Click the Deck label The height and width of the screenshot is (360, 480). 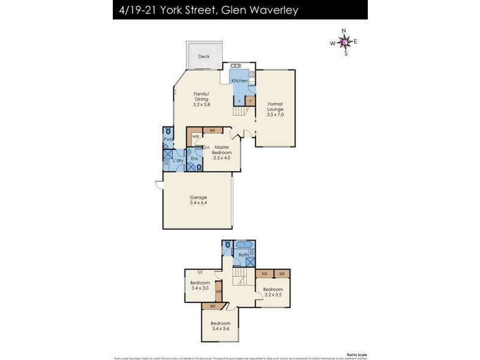204,56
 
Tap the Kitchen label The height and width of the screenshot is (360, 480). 239,80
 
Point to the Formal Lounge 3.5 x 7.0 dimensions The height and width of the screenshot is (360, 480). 275,115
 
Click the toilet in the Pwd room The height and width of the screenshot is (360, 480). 168,131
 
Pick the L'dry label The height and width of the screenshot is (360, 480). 178,161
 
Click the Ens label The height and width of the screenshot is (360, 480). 194,158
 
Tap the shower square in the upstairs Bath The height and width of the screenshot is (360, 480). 250,262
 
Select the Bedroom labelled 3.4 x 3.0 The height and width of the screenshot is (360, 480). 200,286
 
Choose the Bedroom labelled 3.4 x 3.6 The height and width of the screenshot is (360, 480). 220,325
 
